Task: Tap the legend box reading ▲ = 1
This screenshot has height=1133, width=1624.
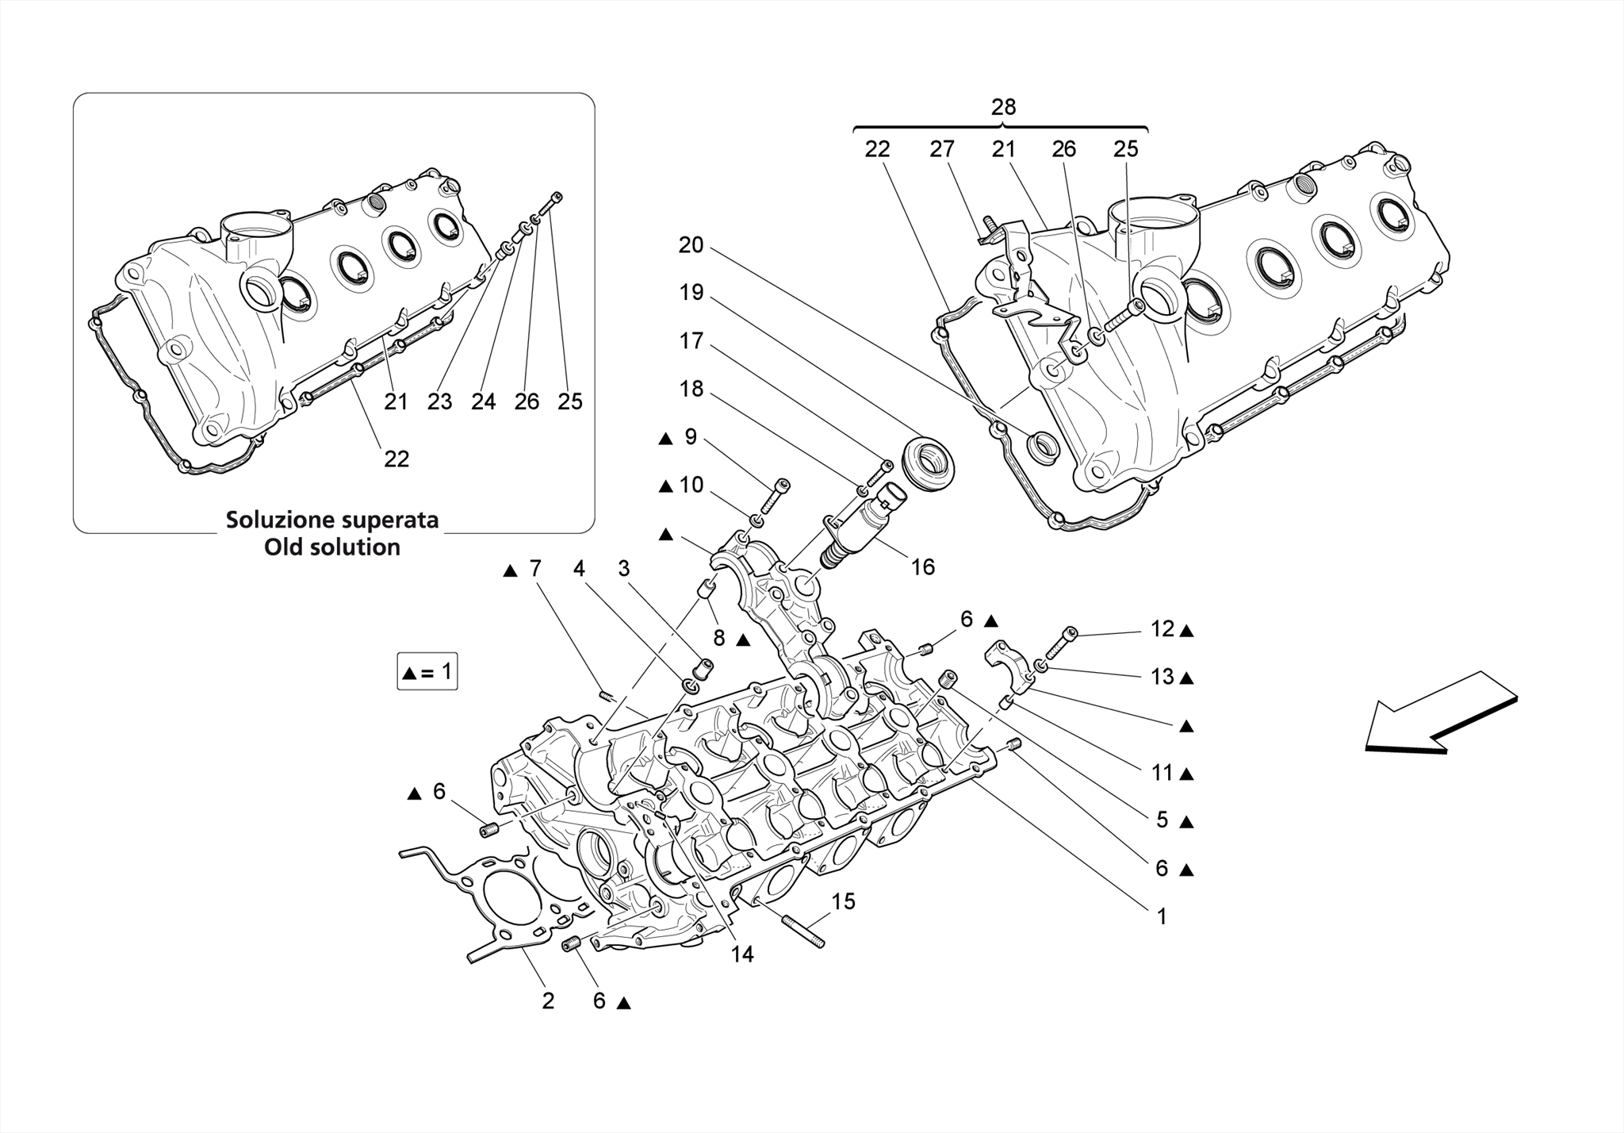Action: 427,672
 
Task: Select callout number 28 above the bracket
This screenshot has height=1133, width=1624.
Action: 1003,107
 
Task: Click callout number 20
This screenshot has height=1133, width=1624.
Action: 691,245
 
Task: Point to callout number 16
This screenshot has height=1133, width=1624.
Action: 922,567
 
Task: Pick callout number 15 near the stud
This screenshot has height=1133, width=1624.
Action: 843,901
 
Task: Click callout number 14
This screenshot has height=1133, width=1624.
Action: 741,954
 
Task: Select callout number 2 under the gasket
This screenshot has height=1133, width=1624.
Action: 548,1001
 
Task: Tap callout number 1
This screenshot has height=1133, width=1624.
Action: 1162,916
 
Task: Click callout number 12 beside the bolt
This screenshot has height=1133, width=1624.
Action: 1162,629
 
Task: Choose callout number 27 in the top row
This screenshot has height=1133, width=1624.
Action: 941,149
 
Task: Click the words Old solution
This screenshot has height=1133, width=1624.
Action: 332,547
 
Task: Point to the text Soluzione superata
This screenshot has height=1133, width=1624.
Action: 332,520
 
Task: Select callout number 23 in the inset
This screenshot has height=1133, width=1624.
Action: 439,401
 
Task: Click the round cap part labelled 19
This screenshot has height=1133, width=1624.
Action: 929,462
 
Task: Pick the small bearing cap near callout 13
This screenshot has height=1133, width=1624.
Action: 1005,663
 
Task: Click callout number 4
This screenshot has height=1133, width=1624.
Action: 579,569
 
